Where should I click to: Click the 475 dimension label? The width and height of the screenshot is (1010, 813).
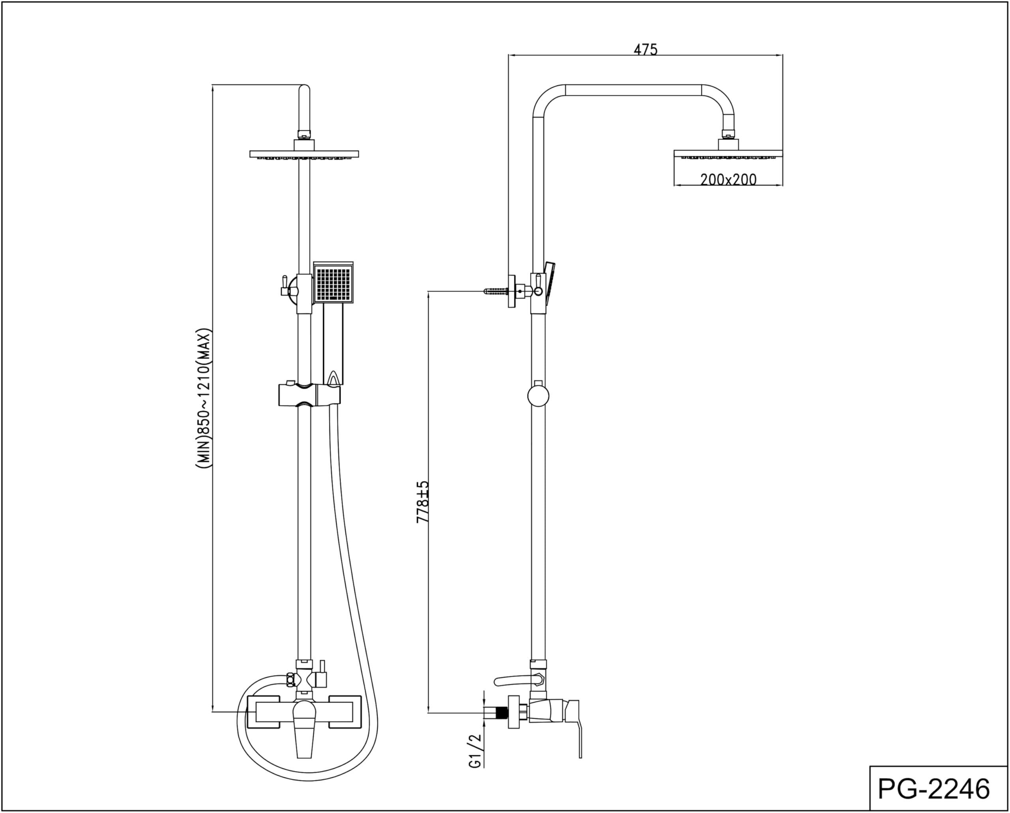point(645,49)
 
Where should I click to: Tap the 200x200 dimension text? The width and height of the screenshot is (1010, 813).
point(728,180)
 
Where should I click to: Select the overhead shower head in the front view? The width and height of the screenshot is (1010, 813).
point(304,155)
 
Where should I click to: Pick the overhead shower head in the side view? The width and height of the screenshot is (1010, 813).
point(728,154)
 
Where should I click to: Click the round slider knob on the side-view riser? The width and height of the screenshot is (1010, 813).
point(538,396)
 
